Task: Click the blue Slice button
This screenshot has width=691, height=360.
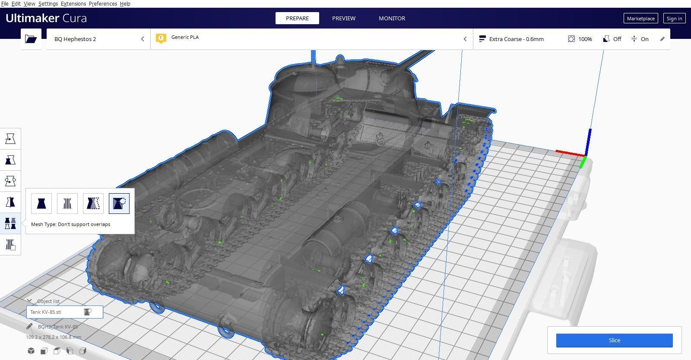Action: tap(614, 340)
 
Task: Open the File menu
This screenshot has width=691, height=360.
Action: tap(5, 3)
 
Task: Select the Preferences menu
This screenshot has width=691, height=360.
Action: tap(103, 3)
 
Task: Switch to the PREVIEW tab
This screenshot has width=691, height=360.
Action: tap(343, 18)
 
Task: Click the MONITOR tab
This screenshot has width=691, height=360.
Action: tap(392, 18)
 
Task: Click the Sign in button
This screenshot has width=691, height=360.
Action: tap(674, 18)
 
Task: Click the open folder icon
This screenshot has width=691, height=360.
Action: tap(31, 39)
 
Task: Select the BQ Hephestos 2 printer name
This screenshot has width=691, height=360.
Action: tap(75, 39)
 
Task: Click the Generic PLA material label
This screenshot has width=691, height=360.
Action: tap(185, 37)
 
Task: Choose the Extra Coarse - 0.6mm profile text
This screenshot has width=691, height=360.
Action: tap(516, 39)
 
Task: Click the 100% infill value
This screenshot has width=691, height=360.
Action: tap(585, 39)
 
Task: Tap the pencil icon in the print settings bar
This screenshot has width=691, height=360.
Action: tap(662, 39)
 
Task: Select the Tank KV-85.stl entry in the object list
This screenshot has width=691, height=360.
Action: tap(46, 312)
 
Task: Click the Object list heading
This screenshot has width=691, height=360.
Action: tap(48, 301)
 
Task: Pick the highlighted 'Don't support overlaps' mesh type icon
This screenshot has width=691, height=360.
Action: tap(119, 203)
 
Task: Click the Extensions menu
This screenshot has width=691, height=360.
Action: tap(73, 3)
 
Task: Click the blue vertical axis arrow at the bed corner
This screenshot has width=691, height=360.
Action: tap(590, 140)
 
